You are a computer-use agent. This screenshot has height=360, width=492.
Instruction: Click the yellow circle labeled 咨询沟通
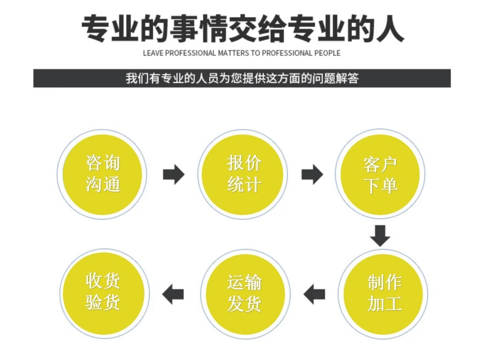tap(103, 175)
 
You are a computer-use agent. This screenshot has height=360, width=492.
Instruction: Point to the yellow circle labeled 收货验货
tap(103, 293)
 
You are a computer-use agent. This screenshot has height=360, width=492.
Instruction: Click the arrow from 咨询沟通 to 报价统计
tap(173, 175)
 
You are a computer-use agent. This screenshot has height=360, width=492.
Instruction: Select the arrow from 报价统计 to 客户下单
tap(312, 175)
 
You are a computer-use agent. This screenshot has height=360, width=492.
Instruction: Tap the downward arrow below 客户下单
tap(381, 236)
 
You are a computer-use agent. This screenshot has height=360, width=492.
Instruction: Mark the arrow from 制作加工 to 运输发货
tap(315, 294)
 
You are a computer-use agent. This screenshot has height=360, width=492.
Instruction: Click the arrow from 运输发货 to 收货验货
tap(173, 294)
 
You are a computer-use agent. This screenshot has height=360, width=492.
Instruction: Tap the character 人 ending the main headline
tap(387, 28)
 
